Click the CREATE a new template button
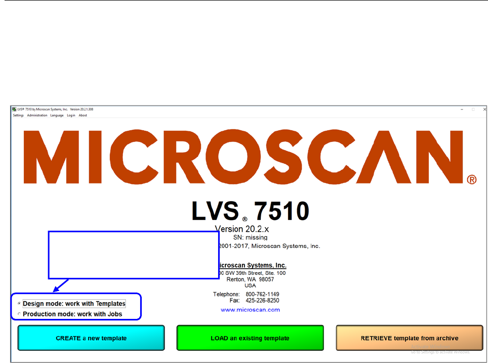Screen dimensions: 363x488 click(x=91, y=338)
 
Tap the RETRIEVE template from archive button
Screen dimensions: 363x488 click(x=409, y=338)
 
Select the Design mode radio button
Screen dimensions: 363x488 click(x=20, y=304)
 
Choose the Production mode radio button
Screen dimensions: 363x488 click(x=20, y=314)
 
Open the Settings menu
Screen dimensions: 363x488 click(x=18, y=116)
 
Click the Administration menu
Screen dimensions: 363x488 click(x=37, y=116)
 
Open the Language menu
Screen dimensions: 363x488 click(x=57, y=116)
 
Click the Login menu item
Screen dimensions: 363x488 click(x=71, y=116)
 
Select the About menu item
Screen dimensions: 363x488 click(x=83, y=116)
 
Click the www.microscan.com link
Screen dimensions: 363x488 click(x=250, y=310)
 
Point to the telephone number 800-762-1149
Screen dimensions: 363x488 click(x=262, y=294)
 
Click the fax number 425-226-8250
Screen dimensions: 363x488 click(x=262, y=300)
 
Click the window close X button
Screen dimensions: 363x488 click(x=484, y=109)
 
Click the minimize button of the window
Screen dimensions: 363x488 click(x=462, y=109)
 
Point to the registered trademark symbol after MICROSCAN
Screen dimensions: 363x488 click(x=472, y=179)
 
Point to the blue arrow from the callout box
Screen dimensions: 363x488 click(x=60, y=285)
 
